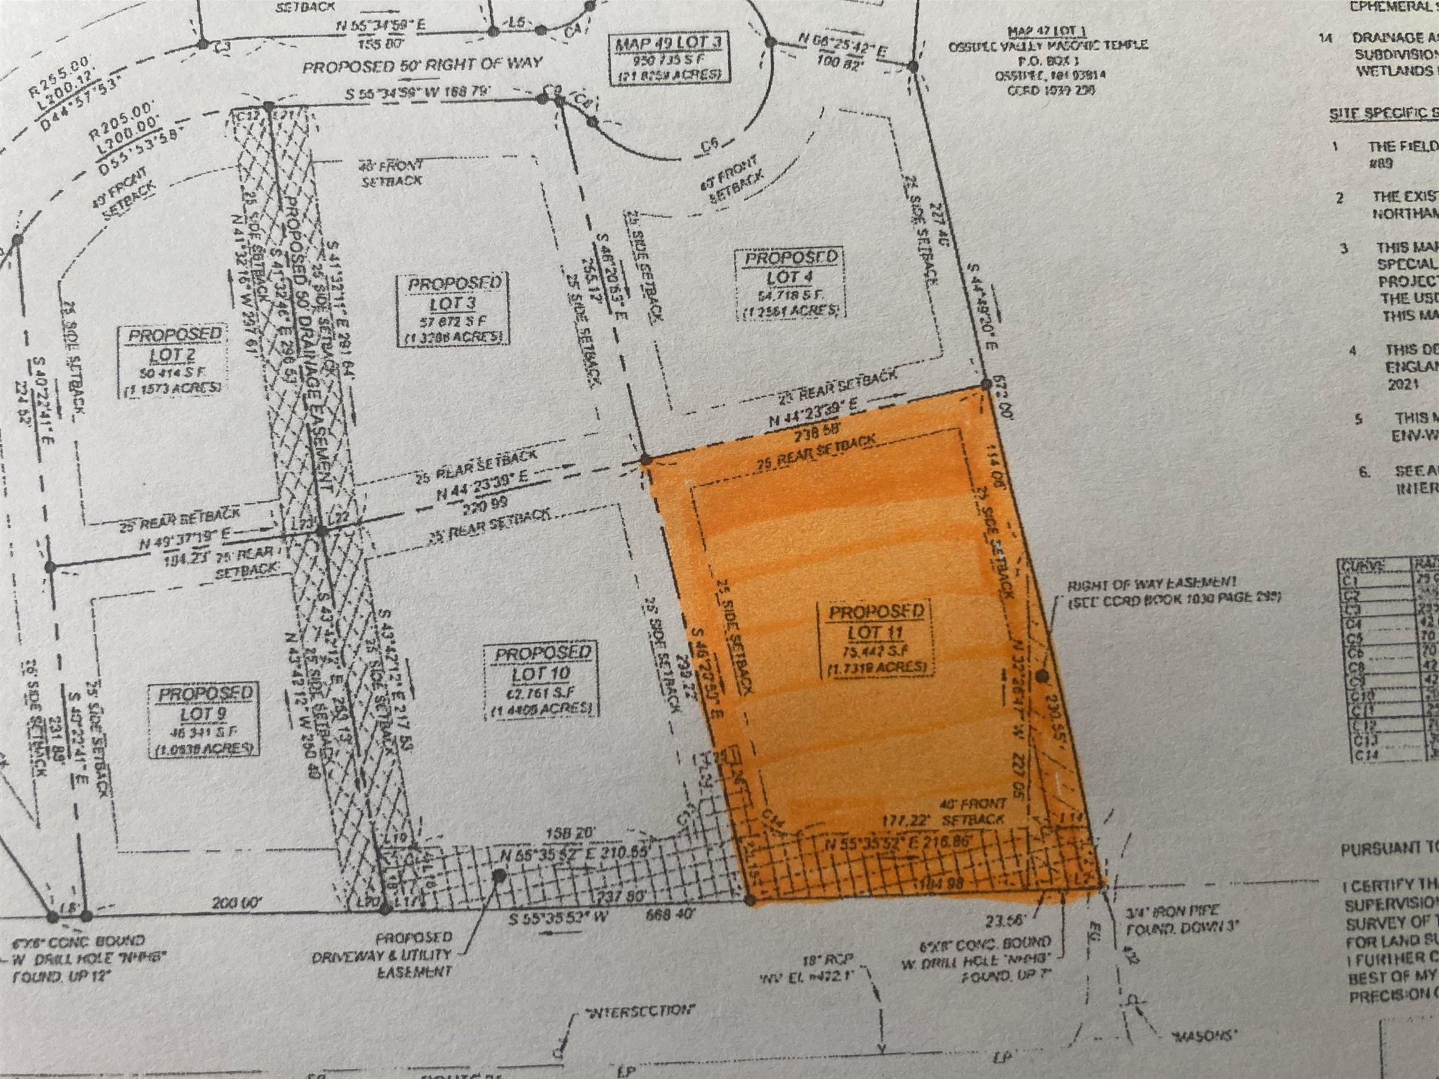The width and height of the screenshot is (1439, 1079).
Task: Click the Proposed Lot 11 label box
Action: coord(876,640)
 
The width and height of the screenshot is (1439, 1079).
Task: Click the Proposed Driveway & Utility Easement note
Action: coord(415,954)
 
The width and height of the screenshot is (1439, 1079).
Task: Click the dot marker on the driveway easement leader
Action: coord(499,876)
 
